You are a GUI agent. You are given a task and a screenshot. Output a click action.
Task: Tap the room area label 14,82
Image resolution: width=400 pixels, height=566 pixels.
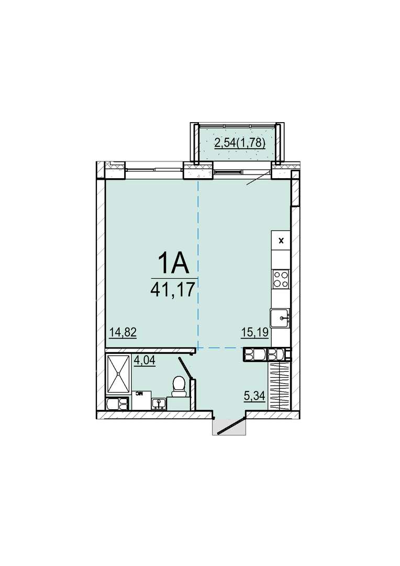[x=123, y=332]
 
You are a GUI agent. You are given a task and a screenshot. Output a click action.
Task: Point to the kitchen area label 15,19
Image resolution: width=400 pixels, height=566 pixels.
[x=254, y=332]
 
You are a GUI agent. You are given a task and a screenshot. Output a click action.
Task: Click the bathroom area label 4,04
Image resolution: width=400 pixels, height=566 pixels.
[x=145, y=361]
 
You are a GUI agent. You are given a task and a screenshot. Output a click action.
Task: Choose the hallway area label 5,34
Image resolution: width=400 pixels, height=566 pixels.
[x=254, y=396]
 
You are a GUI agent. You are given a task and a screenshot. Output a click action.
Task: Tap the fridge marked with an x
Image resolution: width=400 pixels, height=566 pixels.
[x=281, y=240]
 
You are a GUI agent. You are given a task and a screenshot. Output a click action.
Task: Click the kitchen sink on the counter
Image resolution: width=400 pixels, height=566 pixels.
[x=281, y=318]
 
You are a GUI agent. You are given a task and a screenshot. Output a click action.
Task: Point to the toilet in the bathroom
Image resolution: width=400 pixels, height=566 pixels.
[x=178, y=385]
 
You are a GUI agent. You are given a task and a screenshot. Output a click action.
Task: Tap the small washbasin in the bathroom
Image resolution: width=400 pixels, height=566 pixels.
[x=159, y=403]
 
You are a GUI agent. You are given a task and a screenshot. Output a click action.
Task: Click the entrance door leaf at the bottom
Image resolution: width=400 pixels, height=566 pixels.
[x=229, y=425]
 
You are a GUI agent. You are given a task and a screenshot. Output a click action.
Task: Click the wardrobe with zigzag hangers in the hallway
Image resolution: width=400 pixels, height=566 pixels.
[x=280, y=386]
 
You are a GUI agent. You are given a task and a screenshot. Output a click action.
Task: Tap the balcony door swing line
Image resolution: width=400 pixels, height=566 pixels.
[x=259, y=178]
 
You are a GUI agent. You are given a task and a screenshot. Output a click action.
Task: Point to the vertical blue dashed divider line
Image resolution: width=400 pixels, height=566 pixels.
[x=198, y=264]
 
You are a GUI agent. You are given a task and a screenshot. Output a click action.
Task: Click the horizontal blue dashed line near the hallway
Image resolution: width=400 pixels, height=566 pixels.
[x=220, y=347]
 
